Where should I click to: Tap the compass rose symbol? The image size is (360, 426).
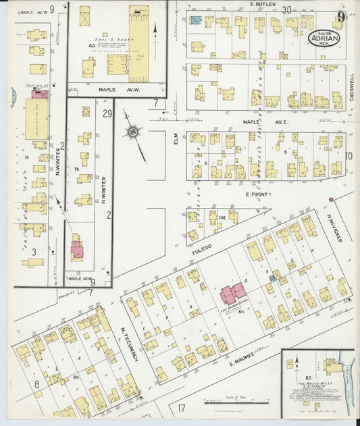coord(134,130)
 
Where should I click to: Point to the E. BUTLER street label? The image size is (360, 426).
coord(260,5)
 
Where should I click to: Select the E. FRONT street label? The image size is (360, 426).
coord(257,194)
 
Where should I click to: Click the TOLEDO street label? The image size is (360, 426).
coord(202,248)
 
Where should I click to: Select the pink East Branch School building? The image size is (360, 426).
coord(232,294)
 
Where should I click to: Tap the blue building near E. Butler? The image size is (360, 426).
coord(195,20)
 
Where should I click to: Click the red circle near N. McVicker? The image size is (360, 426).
coord(331,200)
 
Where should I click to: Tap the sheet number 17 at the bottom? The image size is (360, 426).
coord(182,408)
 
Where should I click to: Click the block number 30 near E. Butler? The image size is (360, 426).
coord(287,9)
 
